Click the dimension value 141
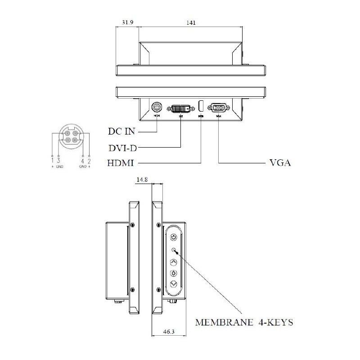tap(191, 23)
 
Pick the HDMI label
tap(121, 162)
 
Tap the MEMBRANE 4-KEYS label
tap(244, 322)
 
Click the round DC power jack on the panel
tap(157, 108)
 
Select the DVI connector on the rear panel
tap(180, 108)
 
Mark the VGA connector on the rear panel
tap(219, 108)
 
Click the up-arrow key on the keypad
tap(174, 262)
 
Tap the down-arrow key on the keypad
tap(174, 284)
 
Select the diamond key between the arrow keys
tap(174, 273)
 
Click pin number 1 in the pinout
tap(53, 161)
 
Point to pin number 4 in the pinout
tap(82, 161)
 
